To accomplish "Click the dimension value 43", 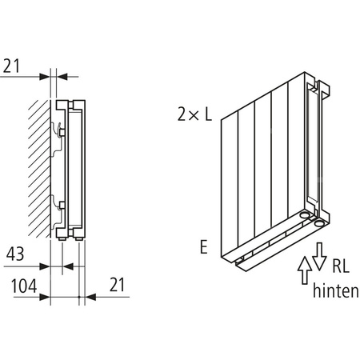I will (x=17, y=255).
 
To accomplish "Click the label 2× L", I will (x=195, y=115).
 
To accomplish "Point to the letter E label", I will (x=204, y=249).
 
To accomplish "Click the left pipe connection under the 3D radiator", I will (x=305, y=215).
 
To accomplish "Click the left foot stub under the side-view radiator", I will (x=63, y=238).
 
